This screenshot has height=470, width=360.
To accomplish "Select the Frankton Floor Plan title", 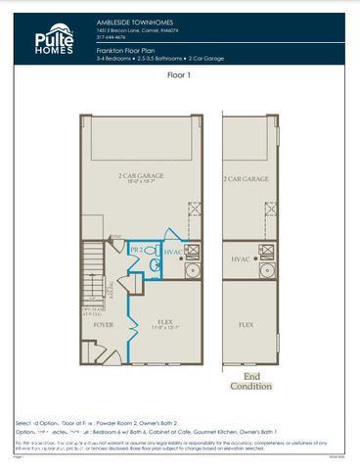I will (129, 48).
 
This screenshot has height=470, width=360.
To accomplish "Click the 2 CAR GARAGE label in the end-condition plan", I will (246, 180).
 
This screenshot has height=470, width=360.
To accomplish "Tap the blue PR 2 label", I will (137, 250).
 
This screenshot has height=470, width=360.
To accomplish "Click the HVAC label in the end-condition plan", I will (242, 259).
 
